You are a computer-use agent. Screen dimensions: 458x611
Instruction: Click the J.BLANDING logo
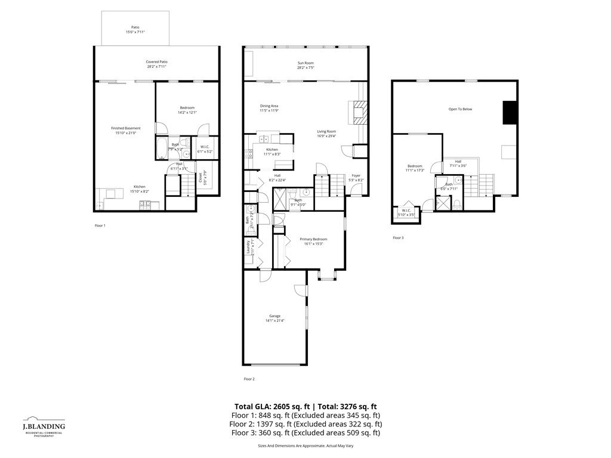(x=44, y=427)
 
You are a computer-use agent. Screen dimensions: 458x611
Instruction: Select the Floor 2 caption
(x=249, y=379)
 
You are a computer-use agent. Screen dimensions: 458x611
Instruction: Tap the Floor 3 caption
(x=398, y=238)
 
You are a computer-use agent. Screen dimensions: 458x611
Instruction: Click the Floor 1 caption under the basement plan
(x=100, y=225)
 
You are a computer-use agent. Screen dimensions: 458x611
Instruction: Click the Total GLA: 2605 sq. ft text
(x=271, y=406)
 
